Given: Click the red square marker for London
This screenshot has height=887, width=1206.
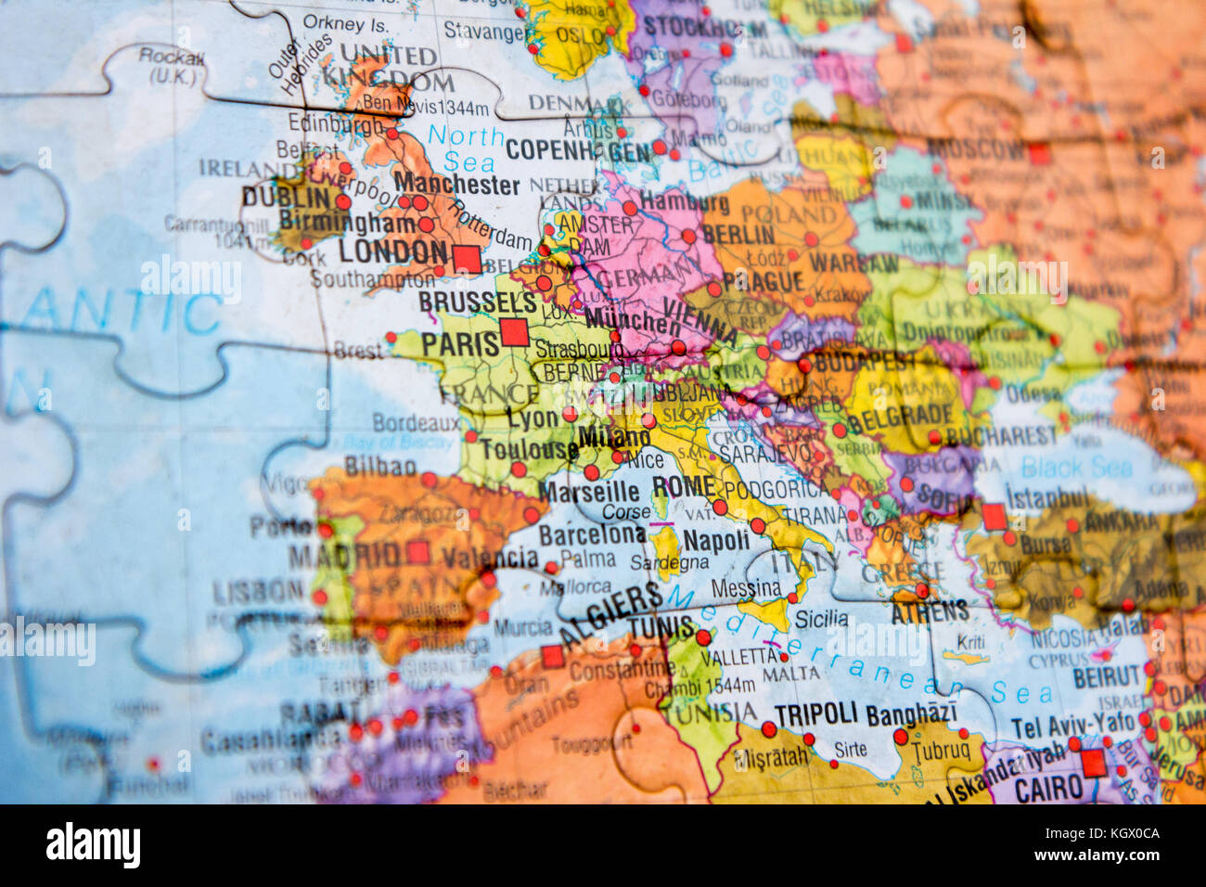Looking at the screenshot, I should [x=468, y=259].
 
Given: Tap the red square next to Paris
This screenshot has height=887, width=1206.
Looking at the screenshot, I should [x=514, y=332].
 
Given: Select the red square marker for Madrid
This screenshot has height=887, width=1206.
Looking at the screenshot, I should [x=418, y=553].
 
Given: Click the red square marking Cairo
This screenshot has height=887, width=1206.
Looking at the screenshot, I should [x=1094, y=763].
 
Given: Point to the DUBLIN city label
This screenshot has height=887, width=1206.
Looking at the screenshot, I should [x=286, y=198].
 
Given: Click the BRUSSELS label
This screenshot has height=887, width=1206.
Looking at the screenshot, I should [x=478, y=302].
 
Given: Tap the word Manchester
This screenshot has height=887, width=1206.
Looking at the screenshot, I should [x=456, y=183].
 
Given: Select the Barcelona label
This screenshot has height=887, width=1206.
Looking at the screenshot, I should [x=592, y=534].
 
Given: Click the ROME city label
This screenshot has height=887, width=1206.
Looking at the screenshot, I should [x=684, y=486].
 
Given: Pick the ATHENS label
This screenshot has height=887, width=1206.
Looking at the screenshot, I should [x=930, y=611].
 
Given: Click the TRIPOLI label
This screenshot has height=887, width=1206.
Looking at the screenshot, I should [x=815, y=713].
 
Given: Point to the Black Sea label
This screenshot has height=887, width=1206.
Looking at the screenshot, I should [x=1077, y=467].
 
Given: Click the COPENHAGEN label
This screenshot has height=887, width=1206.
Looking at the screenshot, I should [x=578, y=150].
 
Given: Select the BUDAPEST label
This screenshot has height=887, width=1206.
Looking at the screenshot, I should [x=865, y=361].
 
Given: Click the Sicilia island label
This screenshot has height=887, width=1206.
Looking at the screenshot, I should [x=822, y=618].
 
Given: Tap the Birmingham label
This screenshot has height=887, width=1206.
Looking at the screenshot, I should [x=334, y=222].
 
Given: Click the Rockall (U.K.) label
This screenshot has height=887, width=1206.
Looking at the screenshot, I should [x=172, y=66].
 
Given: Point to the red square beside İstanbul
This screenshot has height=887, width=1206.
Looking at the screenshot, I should [x=994, y=517].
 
